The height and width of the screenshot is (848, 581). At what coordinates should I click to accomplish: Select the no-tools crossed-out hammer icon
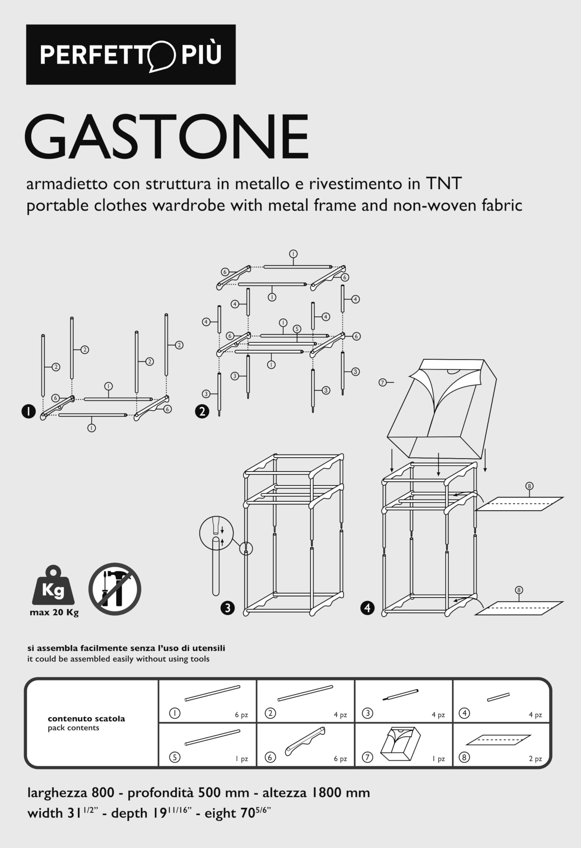click(115, 589)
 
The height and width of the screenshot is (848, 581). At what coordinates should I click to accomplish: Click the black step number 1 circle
click(28, 412)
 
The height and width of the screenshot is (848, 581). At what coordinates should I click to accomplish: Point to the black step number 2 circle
click(202, 412)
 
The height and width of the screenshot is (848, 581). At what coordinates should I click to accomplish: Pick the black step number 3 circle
click(228, 608)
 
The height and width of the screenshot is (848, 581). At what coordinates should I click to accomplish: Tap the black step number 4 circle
click(367, 608)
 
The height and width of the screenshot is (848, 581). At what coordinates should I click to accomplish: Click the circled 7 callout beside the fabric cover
click(382, 382)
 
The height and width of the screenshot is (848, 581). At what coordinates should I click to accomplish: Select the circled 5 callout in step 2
click(297, 329)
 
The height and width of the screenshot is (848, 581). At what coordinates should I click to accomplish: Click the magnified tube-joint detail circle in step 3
click(216, 533)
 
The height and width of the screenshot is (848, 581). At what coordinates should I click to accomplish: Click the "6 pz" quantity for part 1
click(241, 715)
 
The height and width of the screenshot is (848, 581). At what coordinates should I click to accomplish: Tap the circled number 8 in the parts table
click(464, 757)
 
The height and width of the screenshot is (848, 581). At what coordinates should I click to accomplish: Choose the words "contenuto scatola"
click(86, 718)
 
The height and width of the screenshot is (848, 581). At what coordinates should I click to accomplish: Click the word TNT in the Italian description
click(444, 183)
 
